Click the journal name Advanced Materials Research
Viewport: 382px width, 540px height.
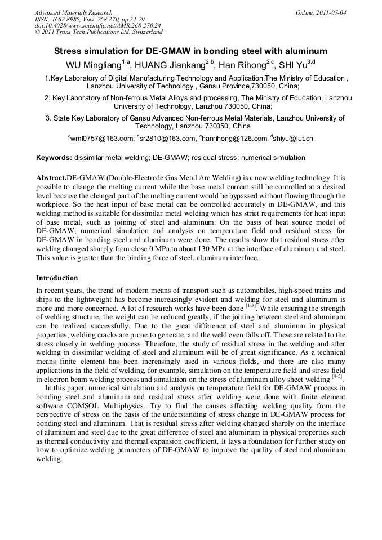pos(73,12)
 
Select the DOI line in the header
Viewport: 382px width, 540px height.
pos(98,25)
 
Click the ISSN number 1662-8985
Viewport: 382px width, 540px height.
pos(67,19)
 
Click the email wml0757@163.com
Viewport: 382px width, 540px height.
pos(102,139)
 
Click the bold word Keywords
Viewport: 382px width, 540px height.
pos(54,158)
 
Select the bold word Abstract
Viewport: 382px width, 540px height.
pos(51,177)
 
